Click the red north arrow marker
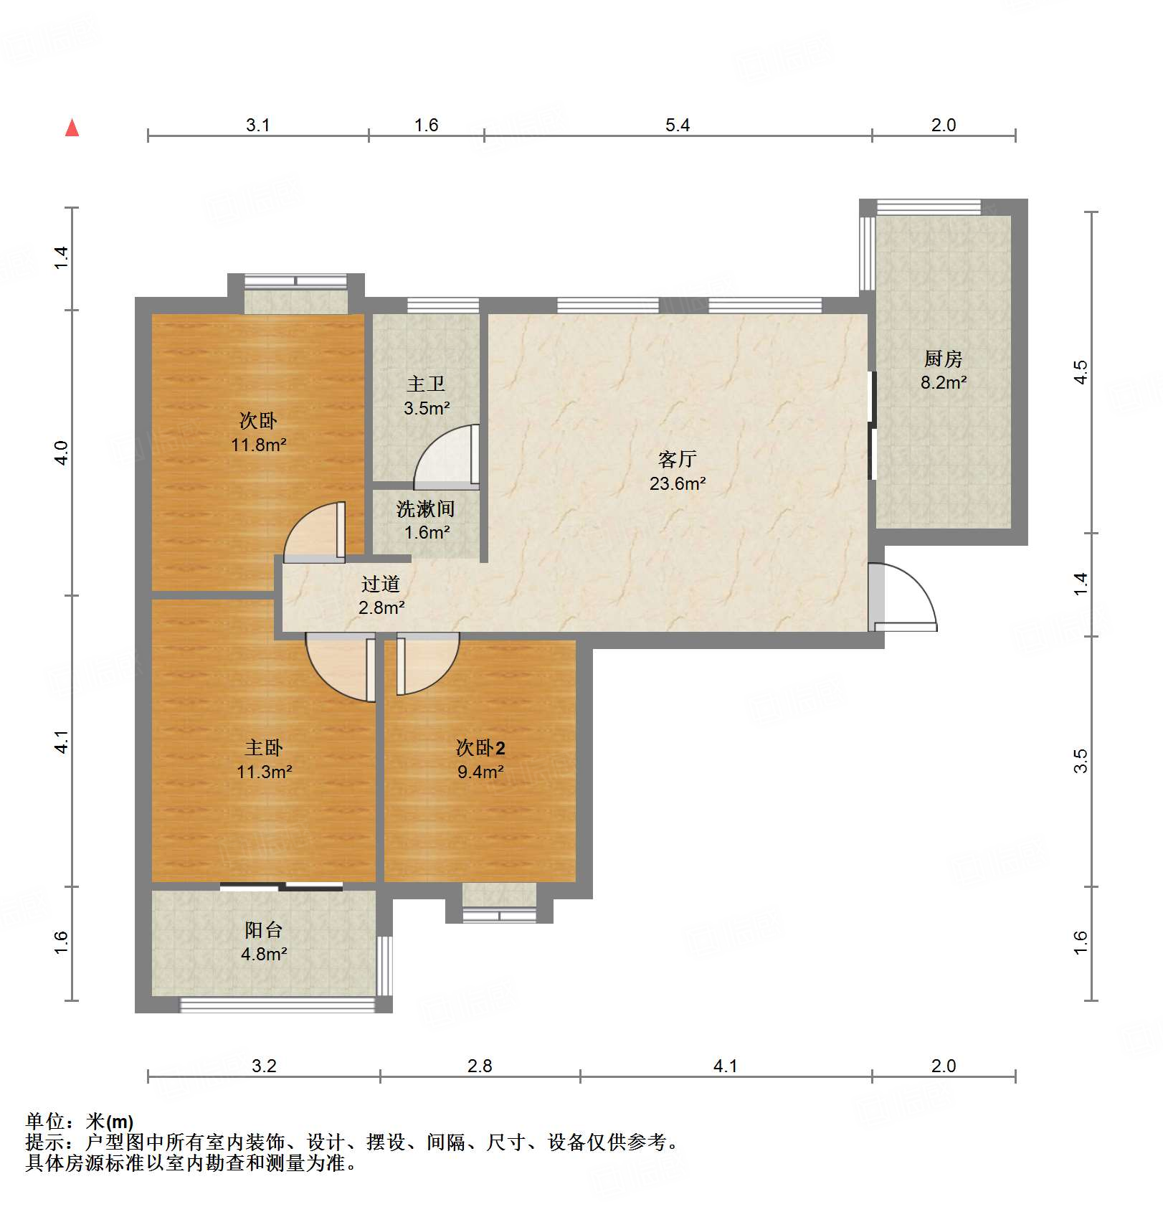(72, 128)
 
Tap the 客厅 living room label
(677, 459)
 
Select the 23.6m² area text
(678, 483)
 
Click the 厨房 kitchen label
(943, 359)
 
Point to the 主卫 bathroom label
(426, 384)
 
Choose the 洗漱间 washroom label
(426, 509)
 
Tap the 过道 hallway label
(381, 584)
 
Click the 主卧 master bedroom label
(264, 748)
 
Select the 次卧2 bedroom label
(480, 748)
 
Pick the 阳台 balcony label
(264, 930)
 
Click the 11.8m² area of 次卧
(259, 445)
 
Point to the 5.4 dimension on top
(678, 125)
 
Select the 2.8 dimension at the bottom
(480, 1066)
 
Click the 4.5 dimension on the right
(1081, 372)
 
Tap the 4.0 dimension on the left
(62, 453)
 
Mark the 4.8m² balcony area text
(264, 954)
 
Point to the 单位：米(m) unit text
(80, 1121)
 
